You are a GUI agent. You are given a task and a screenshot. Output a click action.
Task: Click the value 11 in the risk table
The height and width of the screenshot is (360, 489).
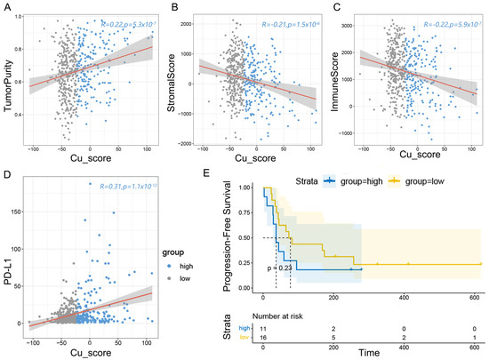coord(263,329)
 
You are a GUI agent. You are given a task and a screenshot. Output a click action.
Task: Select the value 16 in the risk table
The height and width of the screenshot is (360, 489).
coord(263,338)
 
